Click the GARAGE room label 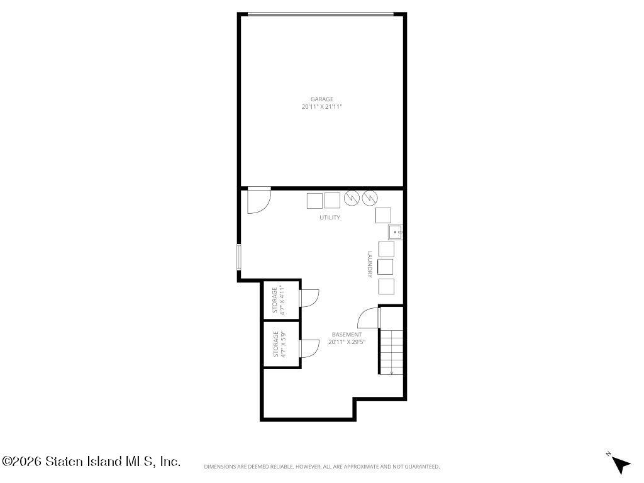321,99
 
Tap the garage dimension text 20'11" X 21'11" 321,107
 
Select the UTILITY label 330,217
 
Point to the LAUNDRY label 370,265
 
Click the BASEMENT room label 347,335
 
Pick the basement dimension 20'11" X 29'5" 347,341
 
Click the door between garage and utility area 258,200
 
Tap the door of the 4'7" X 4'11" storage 309,297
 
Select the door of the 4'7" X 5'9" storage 309,348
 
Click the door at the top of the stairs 369,318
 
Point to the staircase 391,352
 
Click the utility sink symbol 396,232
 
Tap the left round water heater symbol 352,198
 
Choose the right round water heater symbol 370,198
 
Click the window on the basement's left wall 238,257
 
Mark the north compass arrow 621,465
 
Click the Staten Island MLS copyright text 91,461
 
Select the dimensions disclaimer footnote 322,467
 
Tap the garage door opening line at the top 321,15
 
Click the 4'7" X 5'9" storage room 281,344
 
